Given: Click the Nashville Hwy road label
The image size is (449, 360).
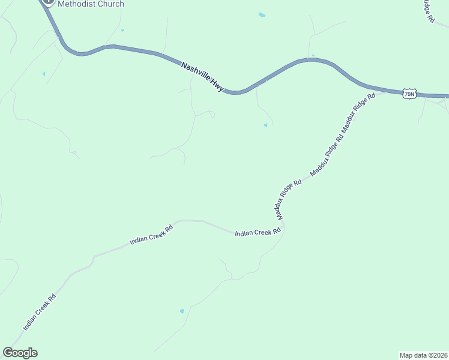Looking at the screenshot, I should [x=203, y=78].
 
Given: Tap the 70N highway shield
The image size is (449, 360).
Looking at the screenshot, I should [x=409, y=94].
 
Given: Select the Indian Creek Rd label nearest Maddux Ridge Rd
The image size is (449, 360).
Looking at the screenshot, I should [x=258, y=232].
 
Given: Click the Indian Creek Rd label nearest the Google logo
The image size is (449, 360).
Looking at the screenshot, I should [x=40, y=312].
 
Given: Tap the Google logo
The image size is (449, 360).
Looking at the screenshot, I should [x=20, y=353].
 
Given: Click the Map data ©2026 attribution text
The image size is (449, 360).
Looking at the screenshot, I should [x=424, y=355].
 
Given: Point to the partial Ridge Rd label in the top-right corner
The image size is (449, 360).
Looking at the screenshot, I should [x=428, y=11].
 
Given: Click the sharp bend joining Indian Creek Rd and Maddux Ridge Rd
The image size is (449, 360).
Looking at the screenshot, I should [x=283, y=226].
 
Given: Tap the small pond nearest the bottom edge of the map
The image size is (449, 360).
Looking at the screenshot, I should [x=182, y=311].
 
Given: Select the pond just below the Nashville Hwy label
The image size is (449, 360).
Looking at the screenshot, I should [x=265, y=125].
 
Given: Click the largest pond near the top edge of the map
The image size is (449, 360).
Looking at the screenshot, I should [x=261, y=14].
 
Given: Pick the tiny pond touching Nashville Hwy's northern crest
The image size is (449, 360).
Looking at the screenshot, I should [x=313, y=56].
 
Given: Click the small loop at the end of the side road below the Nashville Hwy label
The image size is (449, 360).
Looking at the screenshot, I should [x=212, y=114].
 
